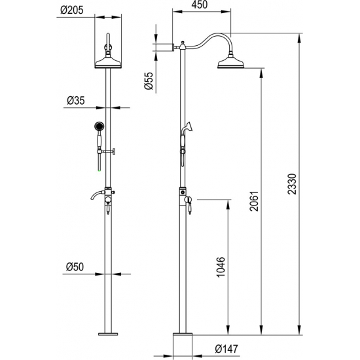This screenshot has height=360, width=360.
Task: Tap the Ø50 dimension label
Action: [x=77, y=266]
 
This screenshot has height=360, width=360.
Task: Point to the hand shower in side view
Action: [x=187, y=129]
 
